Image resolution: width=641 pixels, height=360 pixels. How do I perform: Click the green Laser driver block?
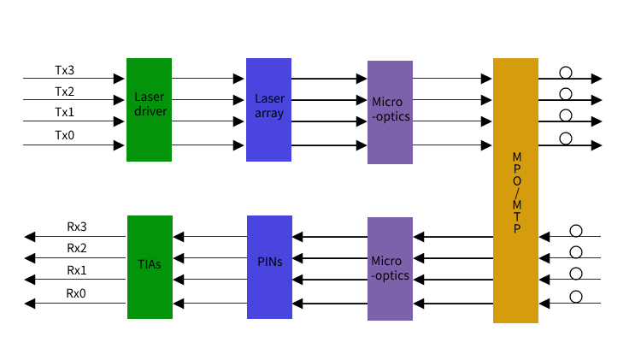coord(149,109)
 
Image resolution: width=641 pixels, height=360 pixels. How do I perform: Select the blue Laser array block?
coord(269,109)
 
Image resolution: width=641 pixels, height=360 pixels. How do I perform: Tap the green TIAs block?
coord(150,267)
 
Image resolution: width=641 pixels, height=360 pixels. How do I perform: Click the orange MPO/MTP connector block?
coord(515,190)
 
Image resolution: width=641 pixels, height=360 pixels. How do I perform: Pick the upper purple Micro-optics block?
coord(390,112)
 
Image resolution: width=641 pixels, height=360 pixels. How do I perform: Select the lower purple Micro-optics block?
coord(390,269)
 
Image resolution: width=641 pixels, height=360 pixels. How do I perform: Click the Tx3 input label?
coord(65,70)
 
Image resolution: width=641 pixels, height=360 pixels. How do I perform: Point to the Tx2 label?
coord(65,91)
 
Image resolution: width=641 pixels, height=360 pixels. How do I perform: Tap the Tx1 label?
coord(65,113)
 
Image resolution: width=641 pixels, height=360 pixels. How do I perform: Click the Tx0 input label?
coord(65,135)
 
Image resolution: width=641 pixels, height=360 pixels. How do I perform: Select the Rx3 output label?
coord(77,227)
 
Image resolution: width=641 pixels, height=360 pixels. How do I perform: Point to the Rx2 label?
coord(77,249)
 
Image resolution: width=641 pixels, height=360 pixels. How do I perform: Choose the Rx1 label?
coord(77,270)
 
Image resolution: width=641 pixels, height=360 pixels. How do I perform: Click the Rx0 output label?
coord(77,293)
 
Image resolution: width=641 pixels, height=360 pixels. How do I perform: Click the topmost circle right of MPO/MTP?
coord(565,73)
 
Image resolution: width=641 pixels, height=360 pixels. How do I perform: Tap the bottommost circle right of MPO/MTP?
coord(576,297)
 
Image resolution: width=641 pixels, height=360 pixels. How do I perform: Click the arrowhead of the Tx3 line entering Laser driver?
coord(121,79)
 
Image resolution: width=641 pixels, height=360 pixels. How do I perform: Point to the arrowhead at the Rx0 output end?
coord(30,303)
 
